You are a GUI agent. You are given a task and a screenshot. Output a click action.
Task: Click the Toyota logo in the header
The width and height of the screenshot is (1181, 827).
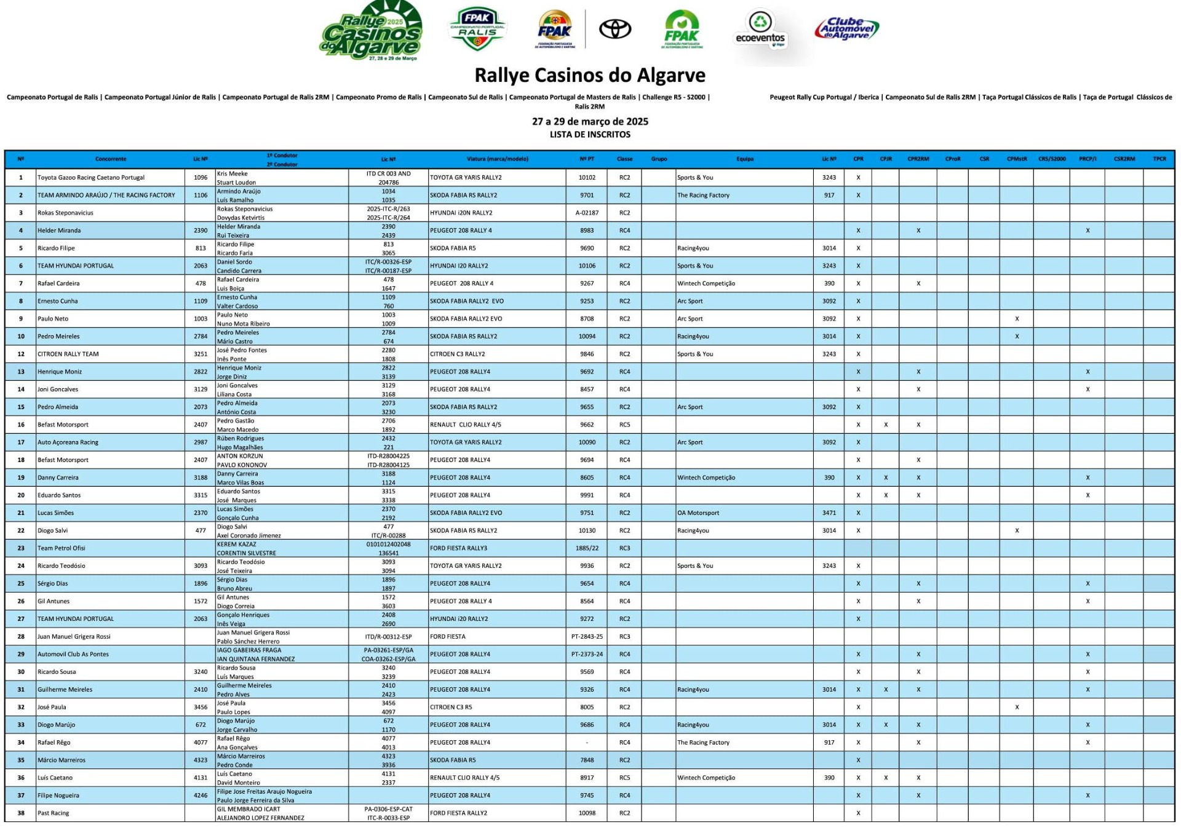615,29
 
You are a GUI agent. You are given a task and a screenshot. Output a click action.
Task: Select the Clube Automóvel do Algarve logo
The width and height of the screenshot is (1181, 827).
846,29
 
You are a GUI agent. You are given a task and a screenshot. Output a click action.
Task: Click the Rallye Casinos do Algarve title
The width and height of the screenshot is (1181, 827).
590,76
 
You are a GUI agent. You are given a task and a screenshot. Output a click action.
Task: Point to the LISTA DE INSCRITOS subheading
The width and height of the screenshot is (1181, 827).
590,134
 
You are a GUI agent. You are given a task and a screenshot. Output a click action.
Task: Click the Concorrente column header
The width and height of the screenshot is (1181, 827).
111,159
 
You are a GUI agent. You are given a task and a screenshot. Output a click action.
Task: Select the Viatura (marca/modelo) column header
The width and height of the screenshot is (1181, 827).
497,159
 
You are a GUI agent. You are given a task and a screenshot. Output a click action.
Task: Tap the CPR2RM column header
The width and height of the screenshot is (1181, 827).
918,159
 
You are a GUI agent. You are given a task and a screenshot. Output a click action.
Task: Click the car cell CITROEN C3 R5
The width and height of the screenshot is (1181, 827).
451,707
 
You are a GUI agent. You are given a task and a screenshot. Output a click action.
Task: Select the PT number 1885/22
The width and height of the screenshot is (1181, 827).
587,548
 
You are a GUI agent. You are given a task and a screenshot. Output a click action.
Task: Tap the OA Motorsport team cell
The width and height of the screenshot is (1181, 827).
698,513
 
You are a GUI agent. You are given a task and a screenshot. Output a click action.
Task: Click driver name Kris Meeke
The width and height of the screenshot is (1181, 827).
232,174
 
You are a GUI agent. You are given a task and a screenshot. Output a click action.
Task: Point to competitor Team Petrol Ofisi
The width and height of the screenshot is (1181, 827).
61,548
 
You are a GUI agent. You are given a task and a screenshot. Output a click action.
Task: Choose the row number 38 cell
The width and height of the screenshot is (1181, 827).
21,813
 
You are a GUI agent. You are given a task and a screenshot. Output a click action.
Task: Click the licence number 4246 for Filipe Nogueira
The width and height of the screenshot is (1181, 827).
201,796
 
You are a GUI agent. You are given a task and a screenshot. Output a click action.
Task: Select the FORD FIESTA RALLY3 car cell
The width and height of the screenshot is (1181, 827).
458,548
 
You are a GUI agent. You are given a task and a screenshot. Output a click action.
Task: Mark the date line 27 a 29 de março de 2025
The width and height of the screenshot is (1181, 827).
590,121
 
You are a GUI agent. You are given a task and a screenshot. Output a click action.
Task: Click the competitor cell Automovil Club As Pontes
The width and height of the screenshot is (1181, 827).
73,654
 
